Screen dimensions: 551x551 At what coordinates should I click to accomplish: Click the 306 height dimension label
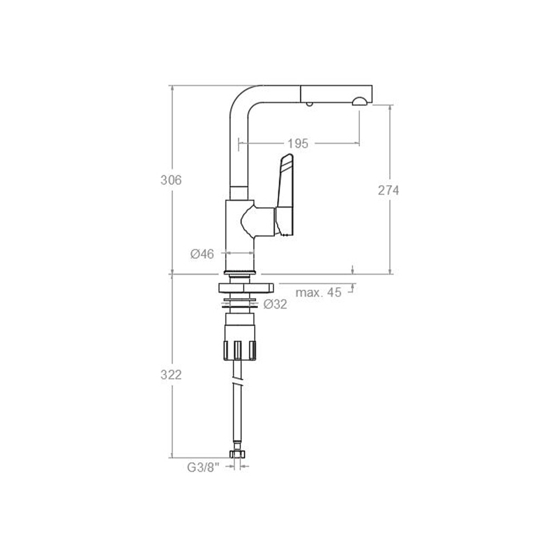click(x=171, y=180)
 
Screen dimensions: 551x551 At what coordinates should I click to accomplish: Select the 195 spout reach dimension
click(x=298, y=143)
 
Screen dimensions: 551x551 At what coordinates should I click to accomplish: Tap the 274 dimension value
click(x=388, y=190)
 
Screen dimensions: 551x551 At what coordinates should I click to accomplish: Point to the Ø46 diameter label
click(x=202, y=253)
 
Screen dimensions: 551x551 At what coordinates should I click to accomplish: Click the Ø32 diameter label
click(x=275, y=304)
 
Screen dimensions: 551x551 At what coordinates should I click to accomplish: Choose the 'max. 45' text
click(x=318, y=293)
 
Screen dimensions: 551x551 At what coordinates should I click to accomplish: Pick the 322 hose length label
click(x=171, y=375)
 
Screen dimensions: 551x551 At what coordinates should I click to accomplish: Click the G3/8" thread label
click(x=203, y=467)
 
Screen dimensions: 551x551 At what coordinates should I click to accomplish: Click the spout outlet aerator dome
click(x=359, y=101)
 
